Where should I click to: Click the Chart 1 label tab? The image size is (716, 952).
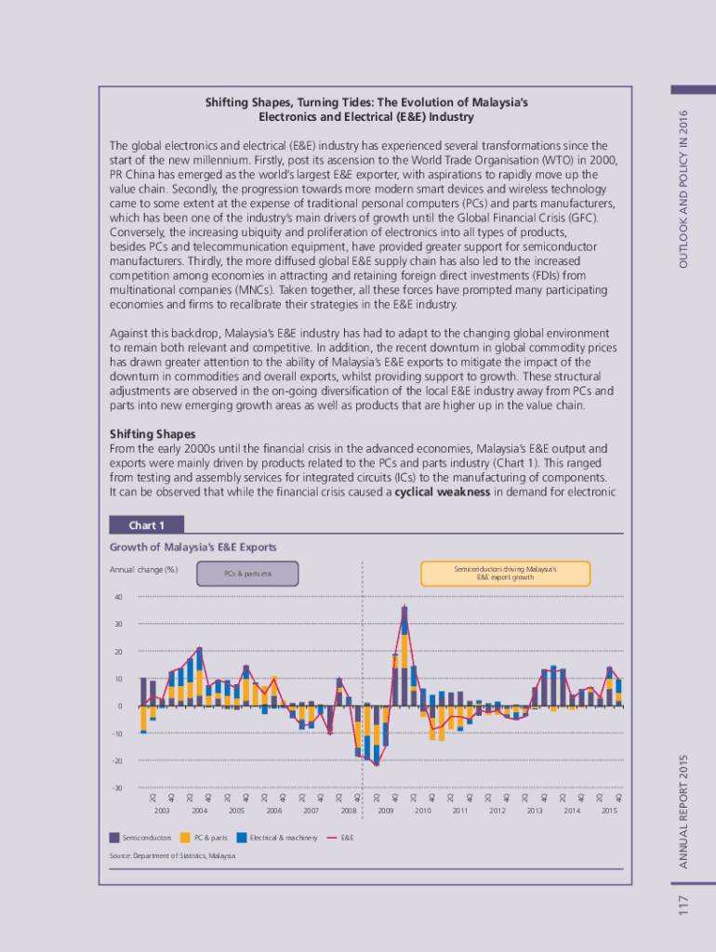coord(146,525)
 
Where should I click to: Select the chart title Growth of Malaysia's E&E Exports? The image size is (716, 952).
coord(192,548)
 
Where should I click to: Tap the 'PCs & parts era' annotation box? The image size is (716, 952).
coord(247,574)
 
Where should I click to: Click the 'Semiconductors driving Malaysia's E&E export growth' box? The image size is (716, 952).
coord(505,573)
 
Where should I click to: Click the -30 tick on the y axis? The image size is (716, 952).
coord(116,788)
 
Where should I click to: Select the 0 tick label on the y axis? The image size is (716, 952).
coord(119,707)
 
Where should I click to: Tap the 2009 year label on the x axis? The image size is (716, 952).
coord(386,811)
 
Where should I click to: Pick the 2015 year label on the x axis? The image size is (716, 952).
coord(609,811)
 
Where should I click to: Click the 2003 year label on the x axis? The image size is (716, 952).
coord(162,811)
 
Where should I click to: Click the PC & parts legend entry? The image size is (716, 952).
coord(210,839)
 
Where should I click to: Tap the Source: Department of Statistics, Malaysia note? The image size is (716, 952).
coord(172,855)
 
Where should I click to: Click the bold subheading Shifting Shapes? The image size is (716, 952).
coord(152,434)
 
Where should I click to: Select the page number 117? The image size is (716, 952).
coord(683,903)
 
